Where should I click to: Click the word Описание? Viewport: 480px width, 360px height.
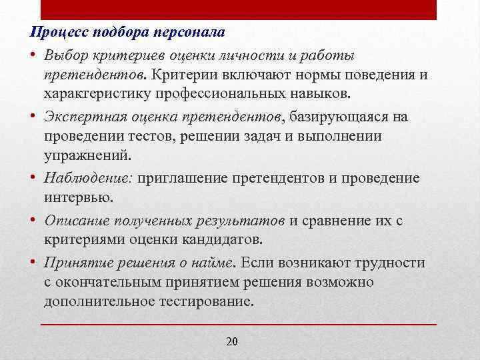coord(73,221)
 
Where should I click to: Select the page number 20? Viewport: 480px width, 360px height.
coord(232,342)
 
